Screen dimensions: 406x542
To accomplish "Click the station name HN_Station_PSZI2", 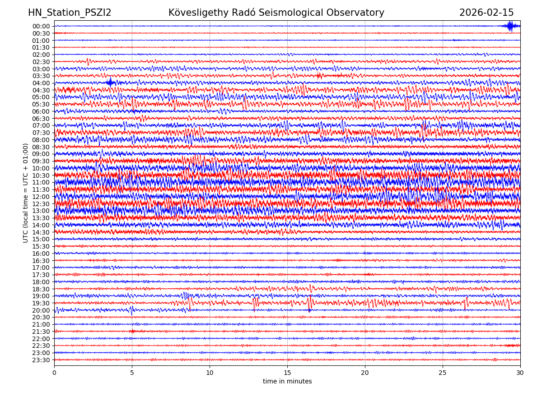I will [70, 13].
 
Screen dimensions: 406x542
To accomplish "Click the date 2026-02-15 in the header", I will [486, 13].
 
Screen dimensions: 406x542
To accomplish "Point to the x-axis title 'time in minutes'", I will [287, 381].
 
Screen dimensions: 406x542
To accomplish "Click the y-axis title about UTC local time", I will [26, 193].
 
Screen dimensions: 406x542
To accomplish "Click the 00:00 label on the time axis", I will [41, 26].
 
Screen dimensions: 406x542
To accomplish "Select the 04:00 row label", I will [41, 83].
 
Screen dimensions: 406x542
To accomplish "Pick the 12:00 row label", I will [41, 197].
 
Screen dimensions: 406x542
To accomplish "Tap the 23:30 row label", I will [41, 360].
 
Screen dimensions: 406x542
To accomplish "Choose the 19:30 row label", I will [41, 303].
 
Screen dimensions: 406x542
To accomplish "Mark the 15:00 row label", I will [41, 239].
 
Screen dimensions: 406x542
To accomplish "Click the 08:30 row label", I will [41, 147].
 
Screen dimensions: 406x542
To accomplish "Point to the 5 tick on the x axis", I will [132, 373].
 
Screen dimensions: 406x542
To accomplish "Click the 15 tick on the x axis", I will [287, 373].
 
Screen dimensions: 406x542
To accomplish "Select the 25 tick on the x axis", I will [443, 373].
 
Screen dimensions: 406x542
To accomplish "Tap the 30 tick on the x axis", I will [520, 373].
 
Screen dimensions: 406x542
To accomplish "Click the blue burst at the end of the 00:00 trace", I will [510, 26].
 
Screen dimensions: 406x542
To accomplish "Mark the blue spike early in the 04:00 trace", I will [110, 83].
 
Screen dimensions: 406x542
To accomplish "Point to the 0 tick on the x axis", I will [54, 373].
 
